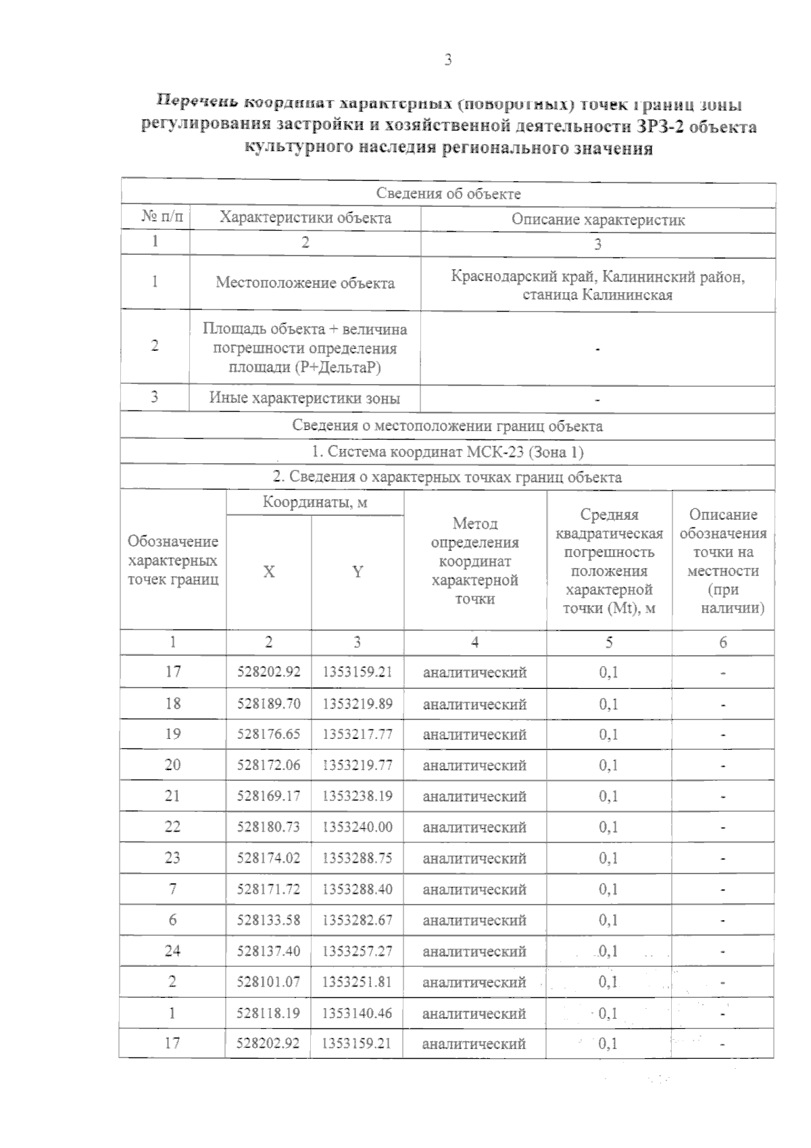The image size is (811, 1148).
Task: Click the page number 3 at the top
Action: coord(447,60)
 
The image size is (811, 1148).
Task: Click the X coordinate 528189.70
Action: coord(268,704)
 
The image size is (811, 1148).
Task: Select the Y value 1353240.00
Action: coord(357,827)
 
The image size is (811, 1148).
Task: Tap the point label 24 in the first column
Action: coord(172,951)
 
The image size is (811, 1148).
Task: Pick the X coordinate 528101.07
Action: coord(268,982)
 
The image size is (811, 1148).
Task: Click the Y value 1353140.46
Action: coord(357,1013)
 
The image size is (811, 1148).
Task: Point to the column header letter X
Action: coord(268,572)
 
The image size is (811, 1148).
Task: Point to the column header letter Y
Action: coord(358,572)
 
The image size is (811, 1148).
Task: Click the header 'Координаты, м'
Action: coord(315,502)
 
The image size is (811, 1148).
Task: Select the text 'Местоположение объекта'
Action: coord(305,283)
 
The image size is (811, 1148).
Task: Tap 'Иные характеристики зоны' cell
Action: coord(304,398)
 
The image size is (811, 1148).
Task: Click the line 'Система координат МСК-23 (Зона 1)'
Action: coord(447,452)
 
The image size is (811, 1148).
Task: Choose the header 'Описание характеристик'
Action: coord(597,219)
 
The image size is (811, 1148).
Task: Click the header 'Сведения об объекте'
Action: coord(448,193)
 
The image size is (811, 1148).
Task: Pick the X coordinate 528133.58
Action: coord(268,920)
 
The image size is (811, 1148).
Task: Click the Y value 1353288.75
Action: coord(357,858)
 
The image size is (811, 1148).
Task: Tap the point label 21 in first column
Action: coord(172,796)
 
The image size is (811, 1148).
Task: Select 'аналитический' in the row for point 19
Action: coord(474,734)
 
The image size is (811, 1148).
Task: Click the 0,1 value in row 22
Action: coord(608,827)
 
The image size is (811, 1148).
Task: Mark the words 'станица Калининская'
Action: coord(597,295)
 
